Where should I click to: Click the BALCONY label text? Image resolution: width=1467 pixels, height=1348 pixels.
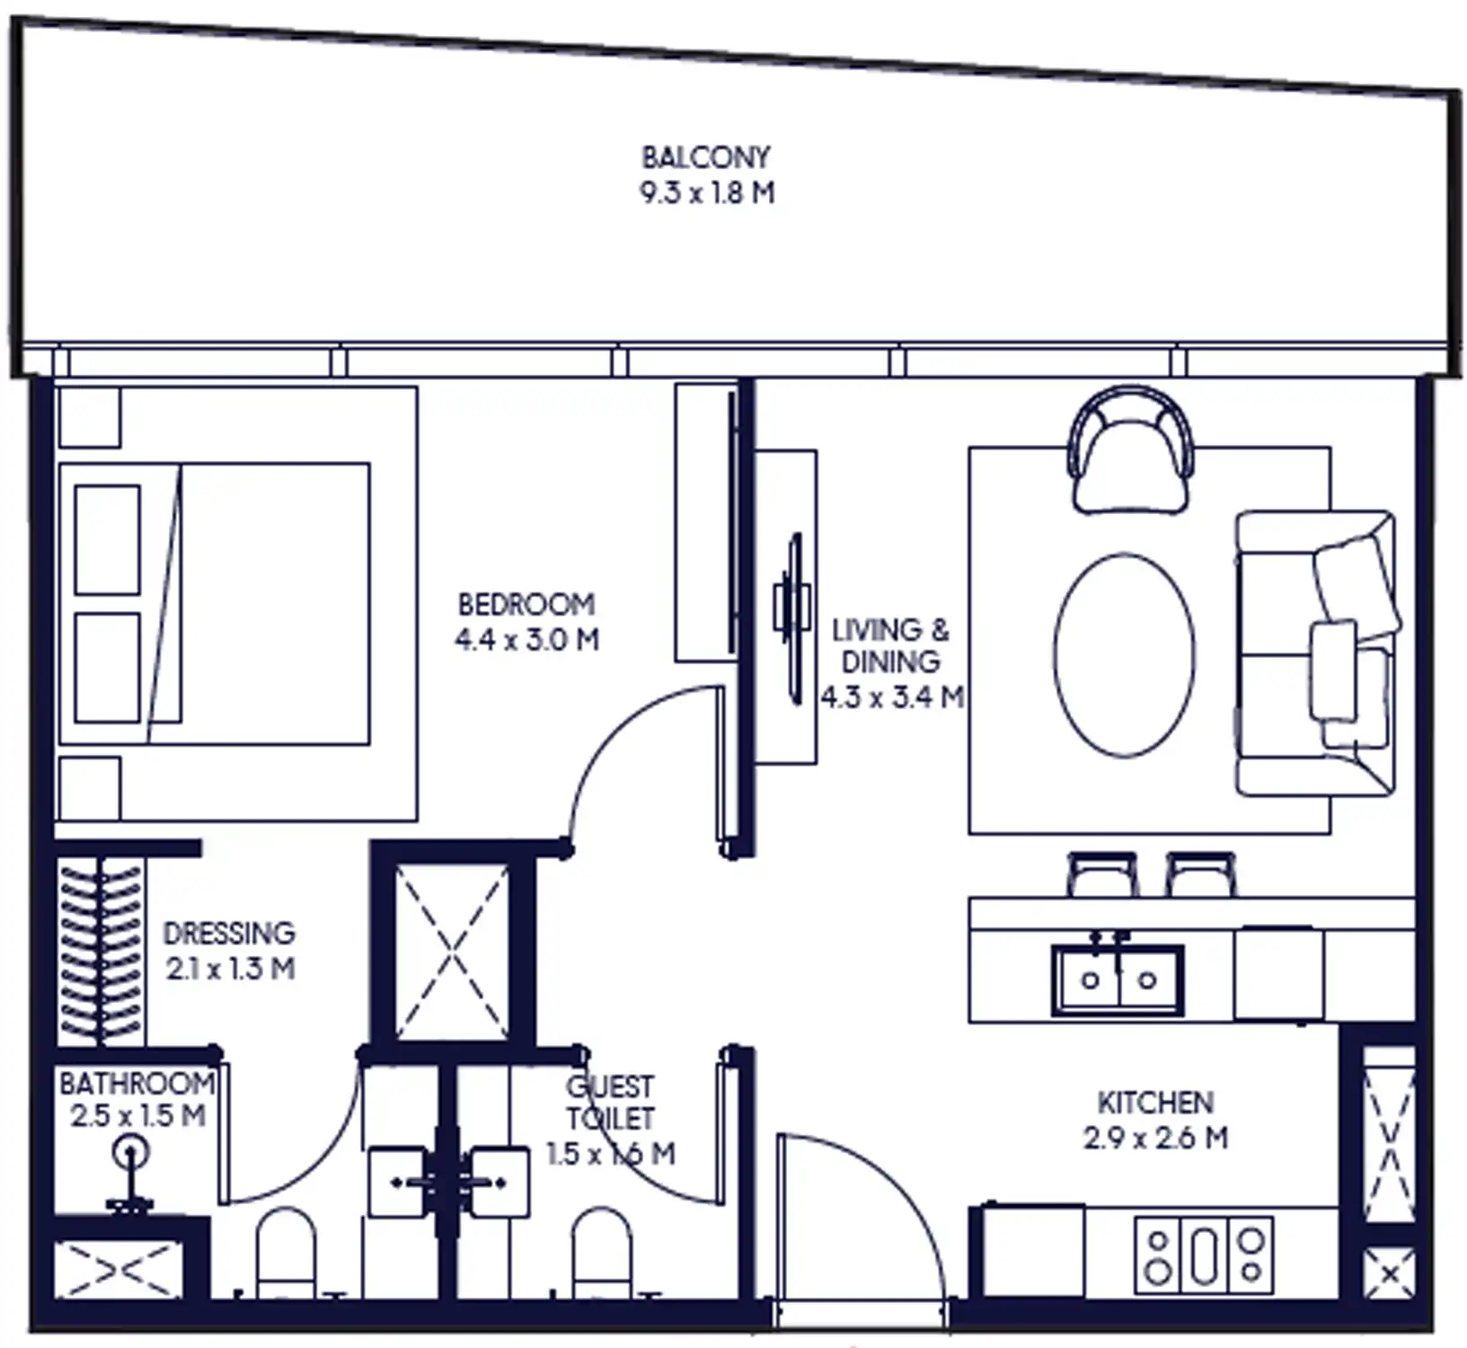[x=705, y=157]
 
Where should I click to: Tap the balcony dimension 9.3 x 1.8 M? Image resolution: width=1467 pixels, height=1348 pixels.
[x=707, y=192]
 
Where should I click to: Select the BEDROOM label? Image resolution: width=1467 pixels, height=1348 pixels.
[x=526, y=604]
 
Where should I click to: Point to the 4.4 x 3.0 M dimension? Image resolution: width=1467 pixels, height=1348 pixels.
[x=526, y=640]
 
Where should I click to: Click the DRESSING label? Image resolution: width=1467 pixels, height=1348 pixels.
[x=229, y=933]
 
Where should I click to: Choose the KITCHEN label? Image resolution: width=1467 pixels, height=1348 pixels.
[x=1155, y=1103]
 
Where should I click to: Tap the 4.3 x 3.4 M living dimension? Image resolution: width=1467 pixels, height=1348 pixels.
[x=892, y=697]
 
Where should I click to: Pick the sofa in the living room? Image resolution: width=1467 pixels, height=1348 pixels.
[x=1313, y=653]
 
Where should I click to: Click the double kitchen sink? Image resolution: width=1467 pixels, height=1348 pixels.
[x=1118, y=979]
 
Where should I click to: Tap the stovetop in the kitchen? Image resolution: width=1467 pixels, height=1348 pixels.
[x=1204, y=1255]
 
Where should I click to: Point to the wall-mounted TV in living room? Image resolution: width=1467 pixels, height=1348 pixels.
[x=793, y=619]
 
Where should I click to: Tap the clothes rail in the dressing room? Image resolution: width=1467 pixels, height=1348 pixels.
[x=100, y=953]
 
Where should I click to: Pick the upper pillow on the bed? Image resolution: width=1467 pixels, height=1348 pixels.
[x=108, y=539]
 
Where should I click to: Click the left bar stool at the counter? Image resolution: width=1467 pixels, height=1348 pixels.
[x=1101, y=874]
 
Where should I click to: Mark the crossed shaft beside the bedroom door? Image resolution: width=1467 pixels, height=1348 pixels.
[x=452, y=951]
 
